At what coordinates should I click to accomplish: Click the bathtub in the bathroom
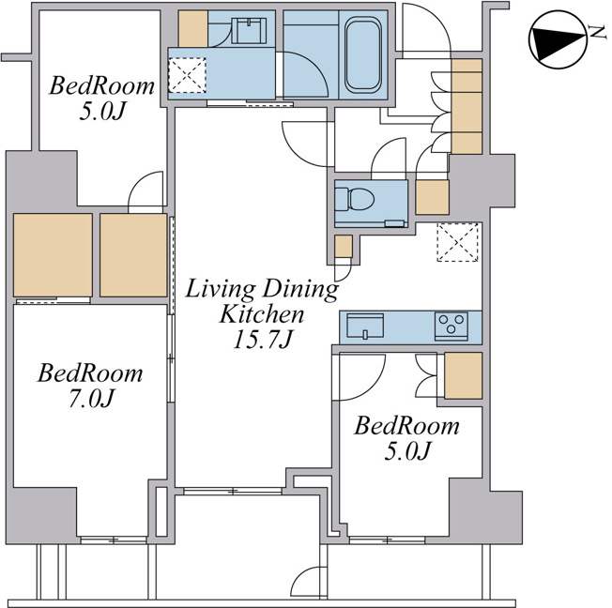362,55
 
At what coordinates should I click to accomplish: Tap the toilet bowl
355,198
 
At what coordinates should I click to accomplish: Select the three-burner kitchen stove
451,326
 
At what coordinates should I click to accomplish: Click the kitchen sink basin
365,327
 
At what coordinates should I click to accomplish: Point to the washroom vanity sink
249,30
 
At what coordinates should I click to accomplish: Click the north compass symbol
558,39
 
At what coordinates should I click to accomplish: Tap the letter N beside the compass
597,33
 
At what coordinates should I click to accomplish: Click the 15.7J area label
262,339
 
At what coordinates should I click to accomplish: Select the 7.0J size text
91,398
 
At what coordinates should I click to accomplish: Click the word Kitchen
262,314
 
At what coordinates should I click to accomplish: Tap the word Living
221,290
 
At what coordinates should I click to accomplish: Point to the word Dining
300,290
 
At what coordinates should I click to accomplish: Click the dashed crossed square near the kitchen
458,242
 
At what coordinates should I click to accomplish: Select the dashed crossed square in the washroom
187,75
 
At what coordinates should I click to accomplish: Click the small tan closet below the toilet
344,246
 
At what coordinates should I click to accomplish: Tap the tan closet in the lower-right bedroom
464,375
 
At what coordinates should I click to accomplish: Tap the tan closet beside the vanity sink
192,29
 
